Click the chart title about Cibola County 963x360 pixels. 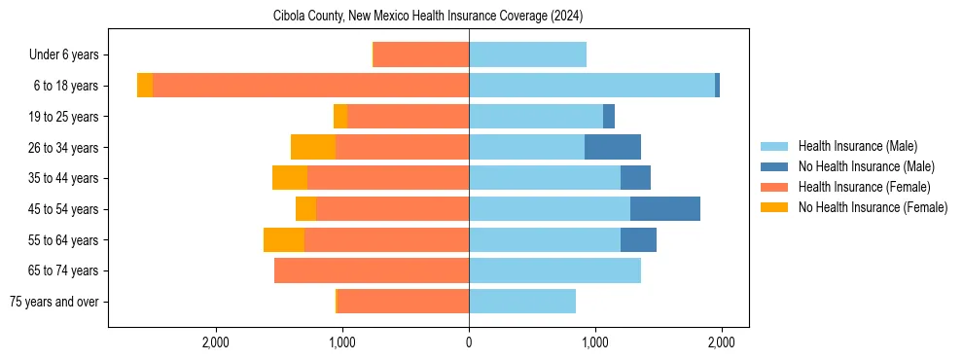[469, 16]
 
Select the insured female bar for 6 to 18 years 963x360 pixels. [310, 86]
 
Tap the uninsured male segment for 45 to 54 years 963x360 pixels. [665, 208]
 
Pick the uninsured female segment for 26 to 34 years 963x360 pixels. [313, 147]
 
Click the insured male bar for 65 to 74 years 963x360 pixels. [554, 270]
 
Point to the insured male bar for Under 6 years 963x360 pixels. [527, 54]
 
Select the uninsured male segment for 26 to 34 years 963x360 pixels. [613, 147]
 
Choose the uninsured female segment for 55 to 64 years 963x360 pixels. [284, 239]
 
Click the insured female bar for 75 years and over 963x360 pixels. [403, 302]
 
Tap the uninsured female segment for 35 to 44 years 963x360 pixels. [290, 178]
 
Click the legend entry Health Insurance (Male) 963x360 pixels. [857, 146]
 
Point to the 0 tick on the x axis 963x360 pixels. [469, 342]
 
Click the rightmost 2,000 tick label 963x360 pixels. [721, 342]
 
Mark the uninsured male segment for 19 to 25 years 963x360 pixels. [609, 117]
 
